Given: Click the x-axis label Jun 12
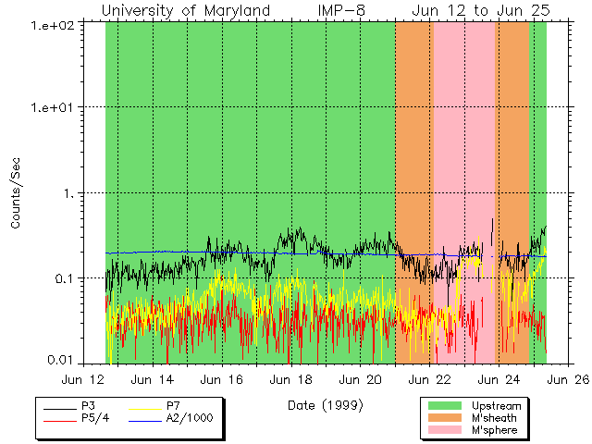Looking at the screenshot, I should point(82,379).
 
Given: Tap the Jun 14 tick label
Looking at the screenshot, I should point(153,379).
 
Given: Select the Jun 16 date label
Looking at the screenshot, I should point(222,379).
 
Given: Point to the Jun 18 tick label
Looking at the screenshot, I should point(291,379).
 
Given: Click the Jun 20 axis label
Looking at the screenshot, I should point(361,379).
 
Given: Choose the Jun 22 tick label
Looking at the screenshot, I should point(430,379).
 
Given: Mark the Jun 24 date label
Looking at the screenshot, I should point(499,379).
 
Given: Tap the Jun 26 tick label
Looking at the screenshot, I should point(569,379).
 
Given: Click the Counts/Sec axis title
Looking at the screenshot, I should point(16,192).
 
